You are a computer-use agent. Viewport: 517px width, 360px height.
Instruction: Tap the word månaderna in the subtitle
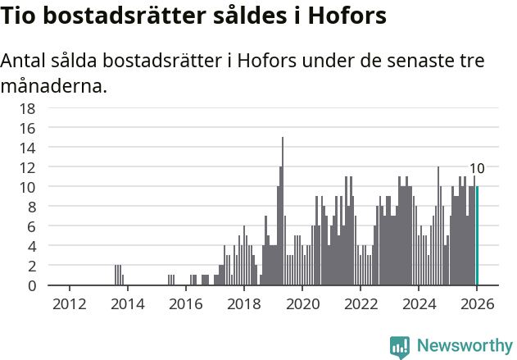(53, 84)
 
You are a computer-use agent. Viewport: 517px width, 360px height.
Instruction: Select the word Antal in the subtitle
(25, 62)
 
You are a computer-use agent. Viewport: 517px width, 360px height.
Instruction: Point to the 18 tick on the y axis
(27, 108)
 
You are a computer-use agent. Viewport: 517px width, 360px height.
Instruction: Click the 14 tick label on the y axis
(27, 148)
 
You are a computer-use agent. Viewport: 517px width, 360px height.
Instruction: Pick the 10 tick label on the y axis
(27, 187)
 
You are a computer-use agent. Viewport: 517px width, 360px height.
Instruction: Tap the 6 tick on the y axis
(31, 226)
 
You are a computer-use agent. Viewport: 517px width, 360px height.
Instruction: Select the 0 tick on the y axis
(31, 285)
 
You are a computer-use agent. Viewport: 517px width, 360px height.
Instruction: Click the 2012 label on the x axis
(69, 303)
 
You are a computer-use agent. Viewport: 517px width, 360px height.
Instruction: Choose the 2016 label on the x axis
(185, 303)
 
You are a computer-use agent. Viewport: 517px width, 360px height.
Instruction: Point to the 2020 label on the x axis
(302, 303)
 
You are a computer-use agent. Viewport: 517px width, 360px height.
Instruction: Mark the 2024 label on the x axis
(419, 303)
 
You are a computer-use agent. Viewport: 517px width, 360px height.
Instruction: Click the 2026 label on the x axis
(477, 303)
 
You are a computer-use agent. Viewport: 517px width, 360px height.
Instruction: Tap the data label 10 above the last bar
(476, 169)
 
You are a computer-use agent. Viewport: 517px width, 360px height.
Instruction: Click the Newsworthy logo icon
(400, 347)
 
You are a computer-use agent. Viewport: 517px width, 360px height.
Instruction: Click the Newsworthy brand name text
(464, 346)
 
